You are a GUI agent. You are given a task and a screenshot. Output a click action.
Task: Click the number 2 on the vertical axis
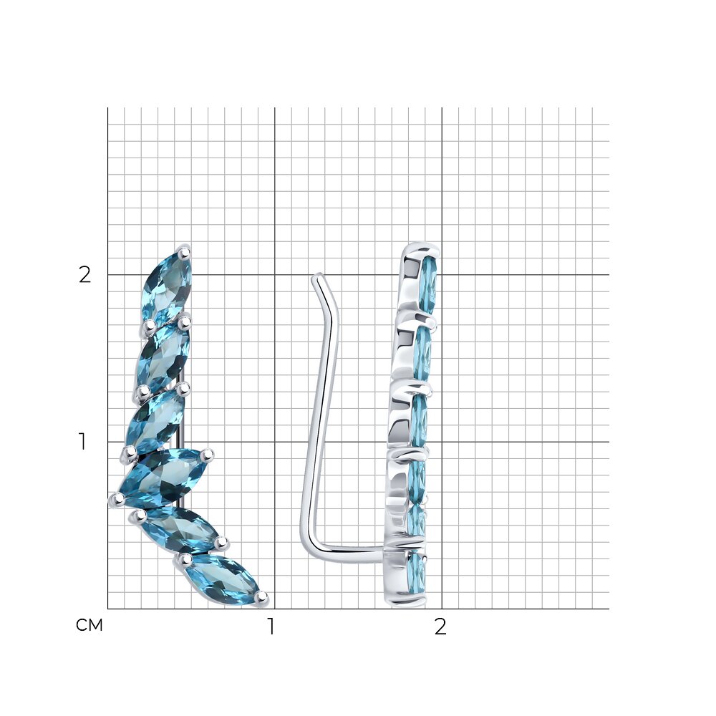click(85, 275)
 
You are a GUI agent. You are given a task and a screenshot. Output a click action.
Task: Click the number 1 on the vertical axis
click(82, 442)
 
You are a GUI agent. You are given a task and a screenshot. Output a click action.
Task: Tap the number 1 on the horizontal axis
click(271, 626)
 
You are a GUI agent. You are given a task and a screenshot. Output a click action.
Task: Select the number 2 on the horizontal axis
click(440, 627)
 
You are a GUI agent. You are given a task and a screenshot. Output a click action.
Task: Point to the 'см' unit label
click(89, 625)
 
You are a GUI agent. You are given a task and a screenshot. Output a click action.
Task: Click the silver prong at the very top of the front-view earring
click(184, 251)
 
